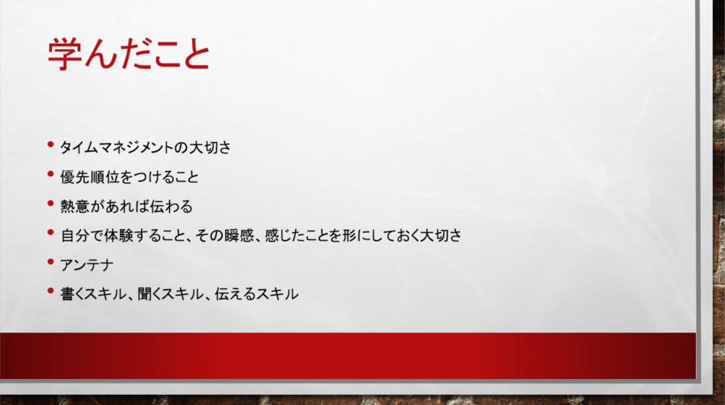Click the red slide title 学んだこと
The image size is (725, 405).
coord(129,54)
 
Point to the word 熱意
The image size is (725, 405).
coord(75,206)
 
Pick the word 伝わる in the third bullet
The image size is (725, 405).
coord(171,206)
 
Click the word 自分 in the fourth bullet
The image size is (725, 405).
coord(75,235)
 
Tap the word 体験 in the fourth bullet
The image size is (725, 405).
coord(119,235)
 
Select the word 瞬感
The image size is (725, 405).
coord(239,235)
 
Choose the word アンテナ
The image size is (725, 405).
coord(87,265)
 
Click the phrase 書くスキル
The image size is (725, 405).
coord(93,294)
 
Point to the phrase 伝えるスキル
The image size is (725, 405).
coord(257,294)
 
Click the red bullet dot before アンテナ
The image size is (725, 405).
coord(51,262)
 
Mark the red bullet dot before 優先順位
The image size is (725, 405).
coord(51,174)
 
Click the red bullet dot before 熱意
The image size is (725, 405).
coord(51,203)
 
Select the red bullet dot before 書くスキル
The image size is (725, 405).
coord(51,291)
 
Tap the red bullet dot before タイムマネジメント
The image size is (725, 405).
coord(51,145)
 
